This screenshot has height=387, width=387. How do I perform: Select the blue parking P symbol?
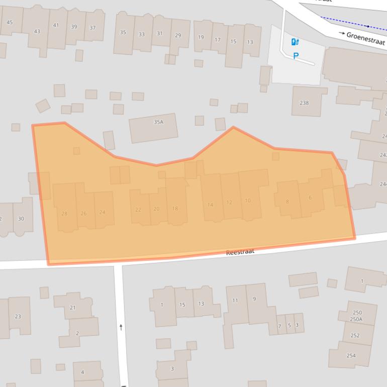296,56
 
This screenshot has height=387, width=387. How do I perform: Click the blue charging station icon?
295,42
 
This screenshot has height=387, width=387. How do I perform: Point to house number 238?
304,103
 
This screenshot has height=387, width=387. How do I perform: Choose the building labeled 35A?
158,122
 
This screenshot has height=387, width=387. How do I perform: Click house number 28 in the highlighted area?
64,214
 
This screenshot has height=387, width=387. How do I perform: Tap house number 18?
175,209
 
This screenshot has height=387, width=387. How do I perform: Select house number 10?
248,201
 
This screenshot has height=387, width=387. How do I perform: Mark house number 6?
310,198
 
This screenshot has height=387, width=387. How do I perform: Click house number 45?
10,22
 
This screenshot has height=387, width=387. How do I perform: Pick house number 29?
178,35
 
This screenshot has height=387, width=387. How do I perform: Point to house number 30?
21,219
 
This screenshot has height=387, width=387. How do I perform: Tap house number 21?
72,308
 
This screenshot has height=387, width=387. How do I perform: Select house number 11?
235,301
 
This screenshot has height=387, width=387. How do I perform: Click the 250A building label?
356,319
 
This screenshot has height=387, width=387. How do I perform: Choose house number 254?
351,356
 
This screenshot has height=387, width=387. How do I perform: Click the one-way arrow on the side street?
121,327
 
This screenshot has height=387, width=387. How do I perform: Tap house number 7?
279,326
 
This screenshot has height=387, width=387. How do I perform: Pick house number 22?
138,210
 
